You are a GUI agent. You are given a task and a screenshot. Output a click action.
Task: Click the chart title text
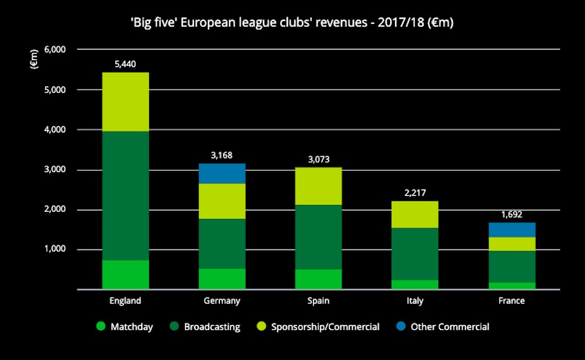(x=292, y=24)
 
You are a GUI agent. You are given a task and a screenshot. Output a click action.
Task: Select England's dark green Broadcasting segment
(x=126, y=196)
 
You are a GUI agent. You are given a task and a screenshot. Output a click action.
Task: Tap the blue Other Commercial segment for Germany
(x=222, y=173)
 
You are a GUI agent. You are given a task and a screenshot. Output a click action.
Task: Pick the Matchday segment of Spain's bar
(x=318, y=279)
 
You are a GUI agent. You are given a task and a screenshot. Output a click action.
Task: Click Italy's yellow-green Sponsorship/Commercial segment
(x=415, y=214)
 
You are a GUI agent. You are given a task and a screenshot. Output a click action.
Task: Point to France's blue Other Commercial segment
(x=512, y=229)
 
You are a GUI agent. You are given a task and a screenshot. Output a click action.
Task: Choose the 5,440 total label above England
(x=126, y=64)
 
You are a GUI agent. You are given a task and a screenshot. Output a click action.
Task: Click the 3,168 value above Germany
(x=222, y=156)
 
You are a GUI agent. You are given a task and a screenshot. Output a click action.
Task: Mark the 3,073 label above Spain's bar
(x=318, y=159)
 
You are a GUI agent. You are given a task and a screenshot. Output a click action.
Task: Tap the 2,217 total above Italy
(x=415, y=193)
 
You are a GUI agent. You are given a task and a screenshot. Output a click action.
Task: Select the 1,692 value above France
(x=512, y=214)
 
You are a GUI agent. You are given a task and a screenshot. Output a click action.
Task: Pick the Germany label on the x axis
(x=222, y=301)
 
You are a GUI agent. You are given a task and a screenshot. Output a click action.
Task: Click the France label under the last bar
(x=512, y=301)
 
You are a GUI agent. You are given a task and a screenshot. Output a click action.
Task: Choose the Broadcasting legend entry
(x=205, y=327)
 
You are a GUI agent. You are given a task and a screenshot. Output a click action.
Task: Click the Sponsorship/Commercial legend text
(x=325, y=327)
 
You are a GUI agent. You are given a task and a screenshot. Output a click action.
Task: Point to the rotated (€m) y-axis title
(x=34, y=59)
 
